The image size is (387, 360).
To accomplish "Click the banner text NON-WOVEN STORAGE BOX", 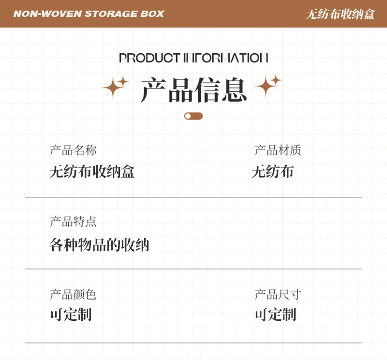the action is (x=89, y=14).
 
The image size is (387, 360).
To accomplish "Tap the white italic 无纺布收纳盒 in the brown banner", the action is (x=340, y=14).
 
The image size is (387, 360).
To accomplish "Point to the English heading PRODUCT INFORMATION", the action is (x=193, y=58).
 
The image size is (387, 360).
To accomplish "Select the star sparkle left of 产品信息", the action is (x=115, y=87).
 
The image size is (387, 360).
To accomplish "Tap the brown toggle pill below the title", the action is (x=193, y=116).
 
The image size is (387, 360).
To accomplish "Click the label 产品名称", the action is (x=73, y=150).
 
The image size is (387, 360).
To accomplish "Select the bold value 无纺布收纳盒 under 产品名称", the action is (x=92, y=172).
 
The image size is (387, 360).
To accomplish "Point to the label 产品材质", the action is (x=278, y=150).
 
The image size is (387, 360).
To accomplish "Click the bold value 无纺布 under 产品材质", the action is (x=273, y=172).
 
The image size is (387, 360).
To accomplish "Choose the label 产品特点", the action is (x=73, y=222).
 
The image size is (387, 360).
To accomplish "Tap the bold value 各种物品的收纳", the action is (x=99, y=245).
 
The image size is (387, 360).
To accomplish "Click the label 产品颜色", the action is (x=73, y=294).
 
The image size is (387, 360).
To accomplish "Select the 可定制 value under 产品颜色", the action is (x=71, y=315).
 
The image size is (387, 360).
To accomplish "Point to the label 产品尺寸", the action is (x=278, y=294).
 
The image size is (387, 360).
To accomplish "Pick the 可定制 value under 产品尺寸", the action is (x=275, y=315).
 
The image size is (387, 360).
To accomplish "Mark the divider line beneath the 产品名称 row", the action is (x=193, y=198).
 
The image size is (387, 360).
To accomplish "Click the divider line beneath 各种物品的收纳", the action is (x=193, y=269).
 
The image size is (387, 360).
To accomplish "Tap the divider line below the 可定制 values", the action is (x=193, y=343).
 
